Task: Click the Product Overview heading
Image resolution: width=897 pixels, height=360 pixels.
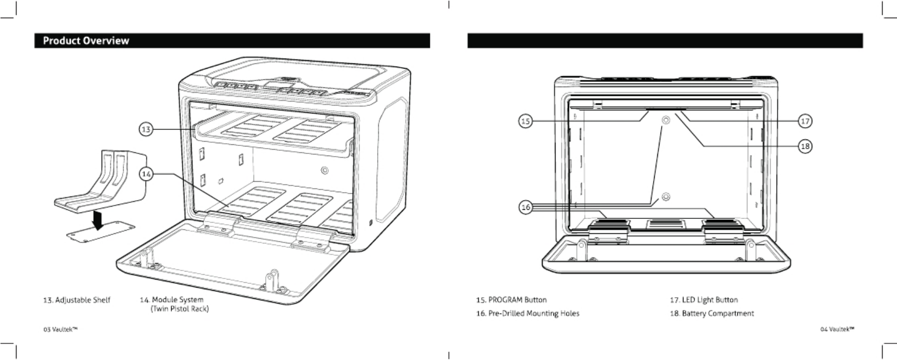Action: point(86,41)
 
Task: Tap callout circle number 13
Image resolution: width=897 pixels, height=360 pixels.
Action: point(146,129)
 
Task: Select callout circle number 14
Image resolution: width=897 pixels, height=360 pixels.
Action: point(146,174)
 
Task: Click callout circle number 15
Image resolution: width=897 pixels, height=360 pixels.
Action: point(525,121)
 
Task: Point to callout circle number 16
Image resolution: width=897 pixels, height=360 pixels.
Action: point(526,207)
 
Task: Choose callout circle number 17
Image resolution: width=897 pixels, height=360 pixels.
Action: point(805,121)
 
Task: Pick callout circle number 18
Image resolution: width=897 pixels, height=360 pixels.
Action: point(805,146)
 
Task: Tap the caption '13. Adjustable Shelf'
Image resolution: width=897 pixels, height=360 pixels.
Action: point(77,300)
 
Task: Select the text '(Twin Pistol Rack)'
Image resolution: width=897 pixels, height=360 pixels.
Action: point(180,309)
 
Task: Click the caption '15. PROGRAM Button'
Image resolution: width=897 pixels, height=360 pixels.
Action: point(511,300)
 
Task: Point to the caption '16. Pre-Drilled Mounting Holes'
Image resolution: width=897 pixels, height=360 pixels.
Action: point(527,313)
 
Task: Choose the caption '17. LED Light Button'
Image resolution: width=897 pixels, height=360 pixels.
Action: point(704,300)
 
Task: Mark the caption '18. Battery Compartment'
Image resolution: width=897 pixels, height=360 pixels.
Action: point(712,313)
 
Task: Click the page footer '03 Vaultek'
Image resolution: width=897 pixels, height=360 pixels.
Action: point(60,330)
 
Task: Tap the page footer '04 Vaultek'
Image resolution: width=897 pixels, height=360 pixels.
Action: point(837,330)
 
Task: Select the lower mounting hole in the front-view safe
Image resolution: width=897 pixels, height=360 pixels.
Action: point(665,197)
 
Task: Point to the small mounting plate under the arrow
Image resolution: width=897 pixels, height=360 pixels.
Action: point(94,232)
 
